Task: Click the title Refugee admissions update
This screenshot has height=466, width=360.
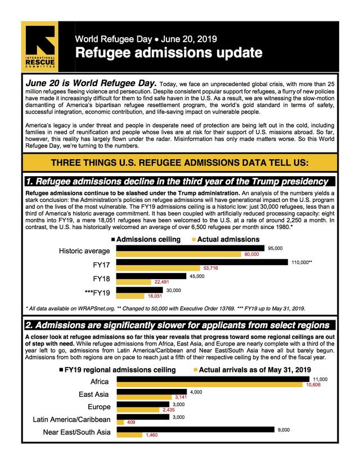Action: pyautogui.click(x=169, y=53)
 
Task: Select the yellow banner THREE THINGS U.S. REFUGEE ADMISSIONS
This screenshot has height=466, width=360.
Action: pyautogui.click(x=180, y=163)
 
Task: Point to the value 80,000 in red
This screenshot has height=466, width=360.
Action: pyautogui.click(x=251, y=255)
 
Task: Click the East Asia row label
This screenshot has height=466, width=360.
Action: pyautogui.click(x=93, y=395)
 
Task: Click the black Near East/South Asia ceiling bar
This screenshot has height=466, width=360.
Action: pyautogui.click(x=196, y=430)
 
